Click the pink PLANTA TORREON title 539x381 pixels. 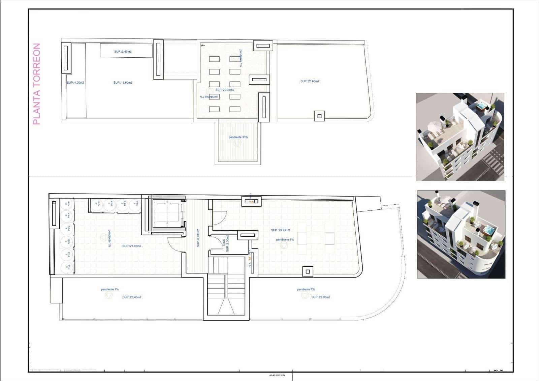coord(37,84)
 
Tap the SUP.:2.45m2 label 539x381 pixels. coord(123,52)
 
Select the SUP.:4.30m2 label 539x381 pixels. coord(75,83)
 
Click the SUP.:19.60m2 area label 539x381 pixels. coord(123,83)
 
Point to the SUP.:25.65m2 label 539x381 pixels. coord(310,81)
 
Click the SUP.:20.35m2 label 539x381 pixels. coord(225,90)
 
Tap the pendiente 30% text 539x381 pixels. coord(238,137)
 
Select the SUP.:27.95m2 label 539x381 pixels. coord(132,246)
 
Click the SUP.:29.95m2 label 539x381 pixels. coord(280,230)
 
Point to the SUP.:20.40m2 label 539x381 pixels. coord(132,297)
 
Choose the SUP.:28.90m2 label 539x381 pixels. coord(321,297)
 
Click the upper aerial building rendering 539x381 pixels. coord(460,137)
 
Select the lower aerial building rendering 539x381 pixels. coord(461,234)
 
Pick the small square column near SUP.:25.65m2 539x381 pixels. coord(319,116)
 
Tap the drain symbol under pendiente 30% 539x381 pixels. coord(237,143)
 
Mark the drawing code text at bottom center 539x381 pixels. coord(277,375)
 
